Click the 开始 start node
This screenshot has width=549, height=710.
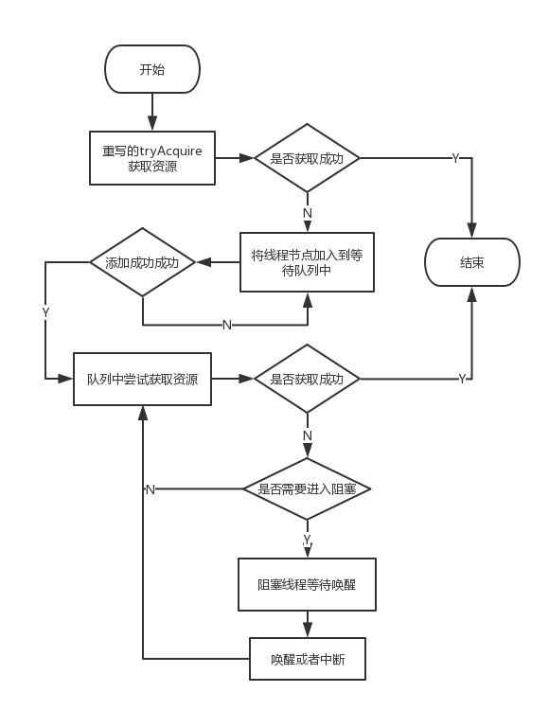(x=151, y=69)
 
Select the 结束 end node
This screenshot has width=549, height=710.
(x=471, y=262)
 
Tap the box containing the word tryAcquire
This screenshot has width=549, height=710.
(x=151, y=158)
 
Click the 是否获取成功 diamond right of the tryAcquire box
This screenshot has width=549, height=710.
(x=307, y=158)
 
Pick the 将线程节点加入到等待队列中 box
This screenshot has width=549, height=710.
(x=307, y=262)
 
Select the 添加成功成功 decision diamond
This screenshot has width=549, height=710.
(x=142, y=262)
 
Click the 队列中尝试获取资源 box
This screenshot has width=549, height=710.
(x=142, y=379)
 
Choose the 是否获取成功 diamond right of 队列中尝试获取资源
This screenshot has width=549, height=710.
(x=307, y=379)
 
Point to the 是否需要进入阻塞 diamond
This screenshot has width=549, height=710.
(x=307, y=488)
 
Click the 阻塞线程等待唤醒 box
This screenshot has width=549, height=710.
(x=307, y=585)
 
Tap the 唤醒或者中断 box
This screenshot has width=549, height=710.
(x=307, y=659)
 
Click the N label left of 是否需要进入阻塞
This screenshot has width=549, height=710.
(x=151, y=488)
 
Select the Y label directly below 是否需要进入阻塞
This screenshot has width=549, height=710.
(x=307, y=539)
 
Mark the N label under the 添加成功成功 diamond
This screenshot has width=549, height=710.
(x=226, y=325)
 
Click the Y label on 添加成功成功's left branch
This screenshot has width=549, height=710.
(x=45, y=312)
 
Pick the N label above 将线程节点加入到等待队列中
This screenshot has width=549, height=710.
(x=307, y=213)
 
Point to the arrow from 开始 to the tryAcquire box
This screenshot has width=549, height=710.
(x=151, y=112)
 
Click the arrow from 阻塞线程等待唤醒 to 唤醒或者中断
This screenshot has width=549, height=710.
(x=307, y=625)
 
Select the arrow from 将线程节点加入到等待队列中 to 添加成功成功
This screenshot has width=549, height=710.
(x=217, y=262)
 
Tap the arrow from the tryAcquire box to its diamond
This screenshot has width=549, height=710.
(x=234, y=158)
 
